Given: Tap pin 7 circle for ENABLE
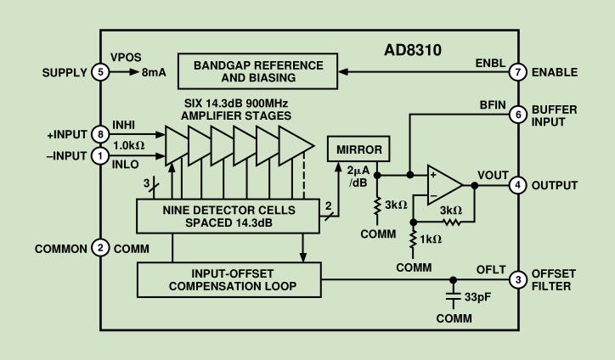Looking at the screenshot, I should point(517,72).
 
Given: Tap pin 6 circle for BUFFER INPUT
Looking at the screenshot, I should point(517,114).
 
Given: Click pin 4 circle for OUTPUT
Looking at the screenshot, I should point(517,184).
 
